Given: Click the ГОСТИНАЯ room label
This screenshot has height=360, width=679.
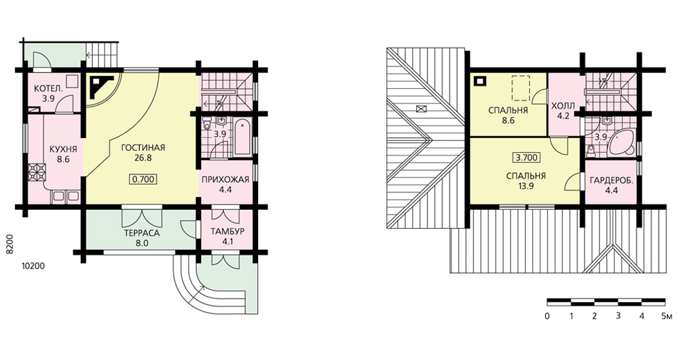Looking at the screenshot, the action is click(x=143, y=147).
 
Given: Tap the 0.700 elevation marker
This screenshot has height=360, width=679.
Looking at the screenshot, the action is click(x=143, y=179).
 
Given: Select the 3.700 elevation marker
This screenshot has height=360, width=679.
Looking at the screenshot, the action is click(x=526, y=158).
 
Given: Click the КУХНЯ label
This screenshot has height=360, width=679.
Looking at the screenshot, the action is click(x=63, y=149).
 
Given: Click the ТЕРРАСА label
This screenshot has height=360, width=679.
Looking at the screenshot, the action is click(x=142, y=233).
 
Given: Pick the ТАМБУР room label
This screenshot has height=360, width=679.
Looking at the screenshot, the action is click(x=227, y=232).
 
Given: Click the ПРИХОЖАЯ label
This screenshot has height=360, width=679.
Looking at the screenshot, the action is click(x=225, y=179).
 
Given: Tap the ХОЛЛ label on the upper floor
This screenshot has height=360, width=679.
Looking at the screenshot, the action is click(x=563, y=106).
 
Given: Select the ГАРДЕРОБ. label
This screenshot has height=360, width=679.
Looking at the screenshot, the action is click(x=612, y=181).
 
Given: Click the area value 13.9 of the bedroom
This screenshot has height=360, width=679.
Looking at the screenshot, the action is click(x=526, y=186).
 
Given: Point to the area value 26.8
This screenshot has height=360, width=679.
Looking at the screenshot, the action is click(x=143, y=158).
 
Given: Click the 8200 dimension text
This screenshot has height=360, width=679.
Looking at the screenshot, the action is click(x=11, y=245).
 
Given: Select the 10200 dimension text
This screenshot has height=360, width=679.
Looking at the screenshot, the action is click(x=33, y=266).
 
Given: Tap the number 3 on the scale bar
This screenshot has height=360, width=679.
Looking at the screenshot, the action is click(x=618, y=315).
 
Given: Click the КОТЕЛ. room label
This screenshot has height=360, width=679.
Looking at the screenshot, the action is click(x=48, y=89).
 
